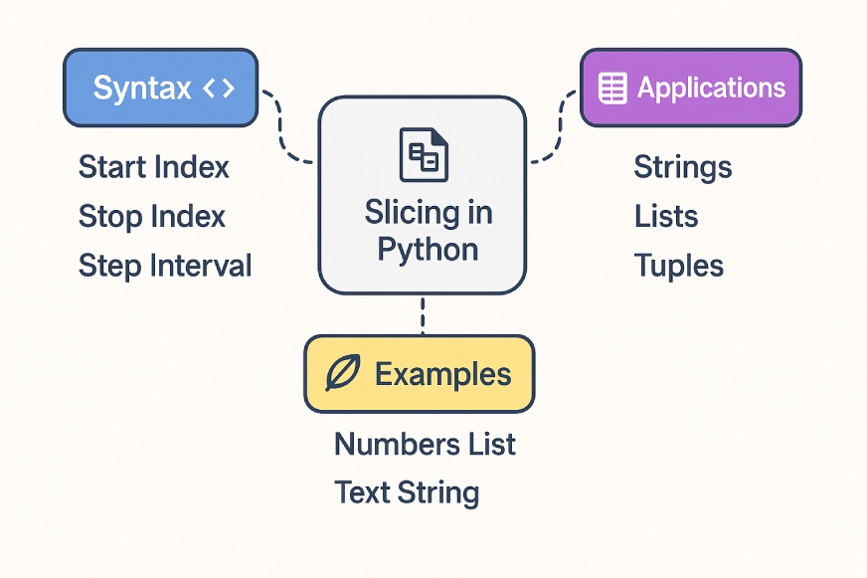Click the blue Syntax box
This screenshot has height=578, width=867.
tap(158, 88)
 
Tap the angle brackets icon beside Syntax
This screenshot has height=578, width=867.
tap(218, 89)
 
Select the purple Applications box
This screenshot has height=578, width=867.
tap(691, 88)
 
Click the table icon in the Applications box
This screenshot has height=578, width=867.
tap(612, 89)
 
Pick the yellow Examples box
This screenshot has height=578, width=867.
tap(419, 374)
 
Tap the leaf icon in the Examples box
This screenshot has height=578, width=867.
tap(343, 374)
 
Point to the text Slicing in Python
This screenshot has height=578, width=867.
tap(428, 229)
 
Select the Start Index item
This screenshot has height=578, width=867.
tap(153, 167)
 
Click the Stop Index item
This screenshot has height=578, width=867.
tap(151, 216)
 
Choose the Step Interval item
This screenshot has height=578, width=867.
tap(164, 266)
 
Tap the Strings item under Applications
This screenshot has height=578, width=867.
tap(682, 167)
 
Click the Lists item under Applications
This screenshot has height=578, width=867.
tap(665, 216)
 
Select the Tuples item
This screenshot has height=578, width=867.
tap(678, 266)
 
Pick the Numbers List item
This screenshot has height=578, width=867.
tap(425, 444)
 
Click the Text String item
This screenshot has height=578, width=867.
tap(407, 492)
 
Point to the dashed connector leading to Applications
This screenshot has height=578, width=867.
tap(558, 129)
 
